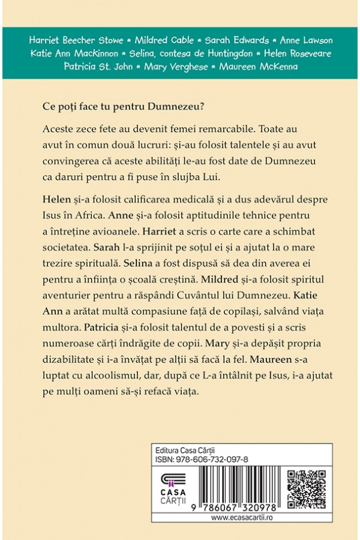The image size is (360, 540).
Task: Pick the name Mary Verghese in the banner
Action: [176, 66]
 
